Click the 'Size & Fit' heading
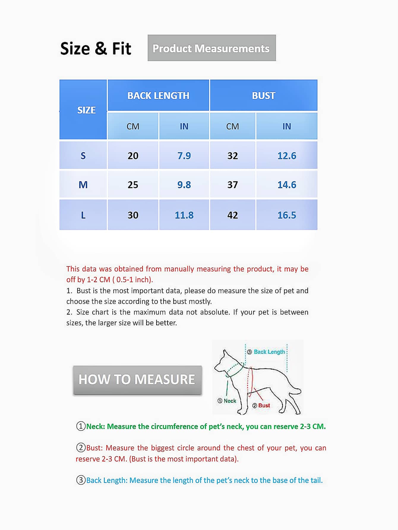coord(96,48)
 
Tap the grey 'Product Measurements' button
coord(211,48)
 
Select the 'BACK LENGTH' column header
coord(158,96)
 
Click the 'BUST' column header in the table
coord(263,96)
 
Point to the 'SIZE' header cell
coord(86,110)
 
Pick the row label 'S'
coord(83,156)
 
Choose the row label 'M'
coord(83,185)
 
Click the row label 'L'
coord(83,215)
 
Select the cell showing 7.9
coord(184,156)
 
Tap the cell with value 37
coord(233,185)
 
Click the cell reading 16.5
coord(287,215)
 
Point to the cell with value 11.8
coord(184,215)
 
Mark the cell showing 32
coord(233,156)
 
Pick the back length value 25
coord(133,185)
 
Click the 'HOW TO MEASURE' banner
coord(137,379)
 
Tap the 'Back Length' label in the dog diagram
coord(269,352)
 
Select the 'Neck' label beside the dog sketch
coord(230,401)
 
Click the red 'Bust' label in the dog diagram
coord(264,406)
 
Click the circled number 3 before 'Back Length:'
coord(81,480)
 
